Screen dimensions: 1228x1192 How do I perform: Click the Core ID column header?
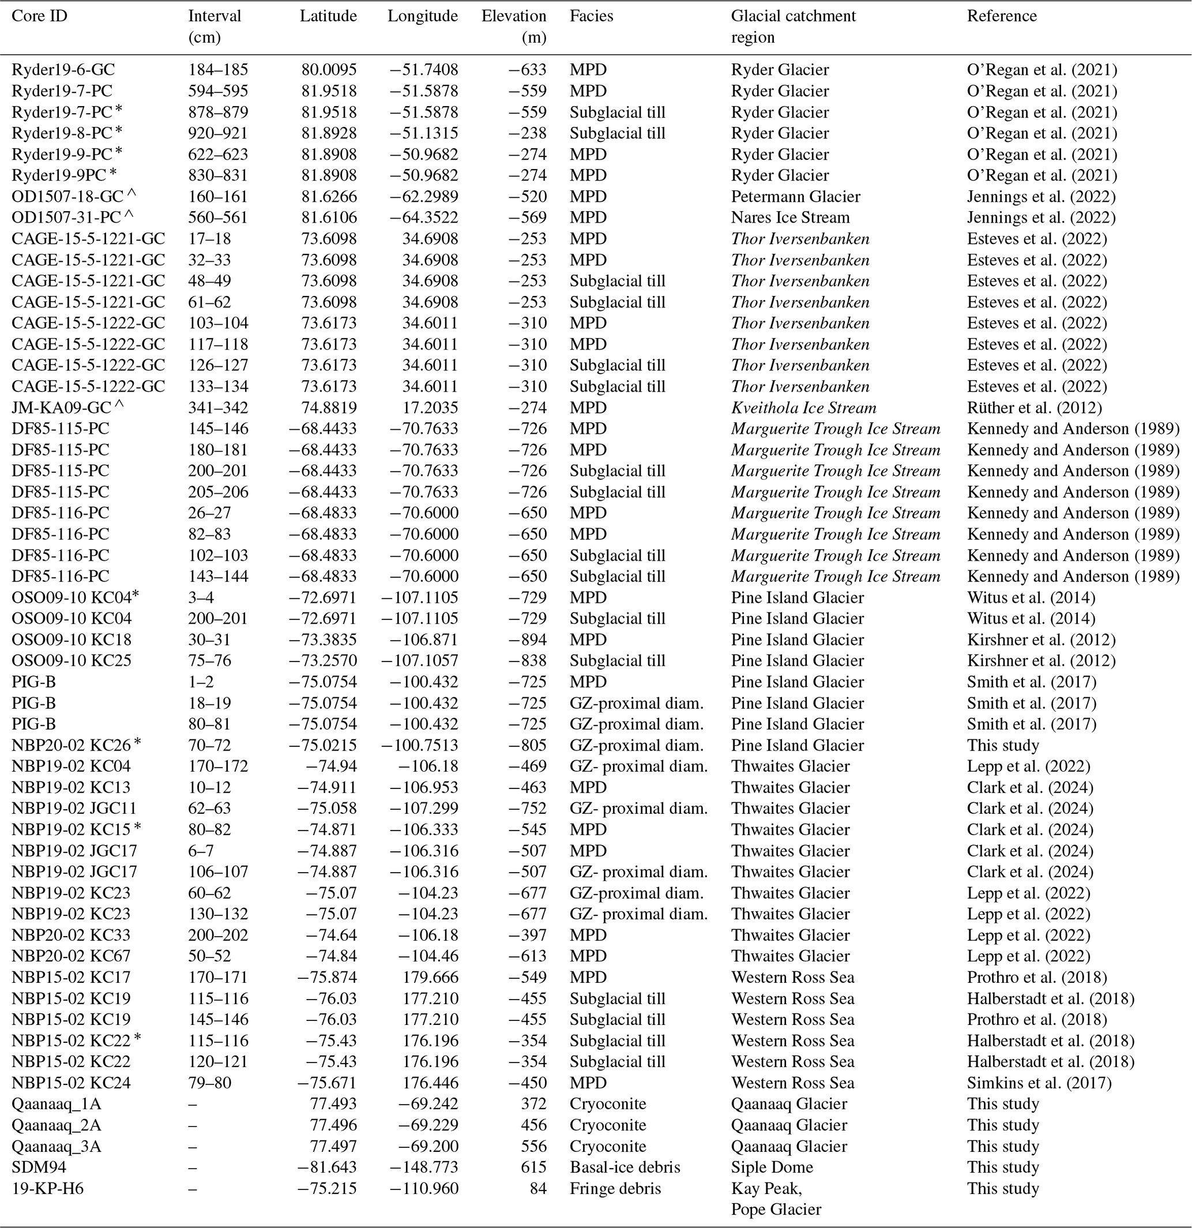pyautogui.click(x=39, y=16)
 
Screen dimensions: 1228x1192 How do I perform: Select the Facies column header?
pyautogui.click(x=591, y=16)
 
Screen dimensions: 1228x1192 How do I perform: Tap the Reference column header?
pyautogui.click(x=1002, y=16)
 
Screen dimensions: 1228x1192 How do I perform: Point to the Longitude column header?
pyautogui.click(x=422, y=16)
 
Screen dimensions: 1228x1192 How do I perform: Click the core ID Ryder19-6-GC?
pyautogui.click(x=63, y=70)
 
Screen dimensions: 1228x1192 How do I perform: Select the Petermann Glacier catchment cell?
pyautogui.click(x=795, y=197)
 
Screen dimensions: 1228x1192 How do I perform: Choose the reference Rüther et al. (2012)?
pyautogui.click(x=1034, y=408)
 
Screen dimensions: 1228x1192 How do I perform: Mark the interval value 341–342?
pyautogui.click(x=218, y=408)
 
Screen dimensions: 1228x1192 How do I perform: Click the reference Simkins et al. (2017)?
pyautogui.click(x=1039, y=1083)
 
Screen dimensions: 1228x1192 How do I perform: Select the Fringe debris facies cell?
pyautogui.click(x=615, y=1189)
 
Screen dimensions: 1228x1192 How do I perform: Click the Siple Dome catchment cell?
pyautogui.click(x=771, y=1167)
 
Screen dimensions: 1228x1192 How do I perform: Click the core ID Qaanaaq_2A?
pyautogui.click(x=57, y=1125)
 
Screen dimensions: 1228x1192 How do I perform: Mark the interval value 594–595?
pyautogui.click(x=218, y=91)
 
